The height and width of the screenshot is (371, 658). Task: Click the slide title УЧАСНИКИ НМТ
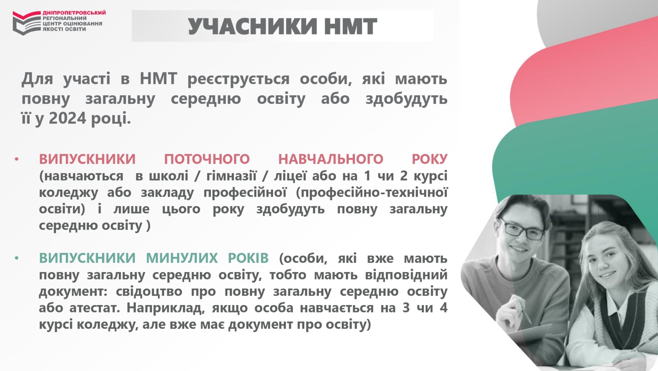(x=282, y=26)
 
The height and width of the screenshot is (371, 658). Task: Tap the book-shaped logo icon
(x=27, y=23)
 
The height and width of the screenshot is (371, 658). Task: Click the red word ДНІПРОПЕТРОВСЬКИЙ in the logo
(x=74, y=13)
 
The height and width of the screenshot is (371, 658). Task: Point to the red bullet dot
(x=16, y=159)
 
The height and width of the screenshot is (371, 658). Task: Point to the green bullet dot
(x=16, y=258)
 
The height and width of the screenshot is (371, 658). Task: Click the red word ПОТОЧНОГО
(x=207, y=159)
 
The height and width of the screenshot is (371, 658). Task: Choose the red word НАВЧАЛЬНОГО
(x=331, y=159)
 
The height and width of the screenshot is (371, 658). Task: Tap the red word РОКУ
(x=430, y=159)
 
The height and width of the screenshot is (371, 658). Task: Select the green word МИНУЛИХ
(x=182, y=258)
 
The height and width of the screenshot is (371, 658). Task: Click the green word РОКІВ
(x=248, y=258)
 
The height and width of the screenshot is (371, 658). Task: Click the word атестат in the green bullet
(x=95, y=308)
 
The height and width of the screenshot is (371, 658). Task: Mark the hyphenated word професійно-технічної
(x=371, y=193)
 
